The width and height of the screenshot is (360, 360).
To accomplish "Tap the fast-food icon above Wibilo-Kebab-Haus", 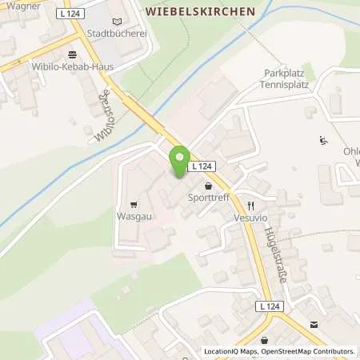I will tap(73, 54).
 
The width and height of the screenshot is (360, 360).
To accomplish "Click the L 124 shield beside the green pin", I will tap(200, 166).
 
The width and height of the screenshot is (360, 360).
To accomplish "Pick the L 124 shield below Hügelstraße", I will tap(270, 306).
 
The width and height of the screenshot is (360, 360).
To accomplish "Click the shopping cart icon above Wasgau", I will tap(133, 203).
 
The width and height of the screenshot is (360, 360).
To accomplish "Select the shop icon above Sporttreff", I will tap(208, 184).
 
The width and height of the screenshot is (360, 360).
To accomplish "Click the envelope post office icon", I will tap(314, 323).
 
